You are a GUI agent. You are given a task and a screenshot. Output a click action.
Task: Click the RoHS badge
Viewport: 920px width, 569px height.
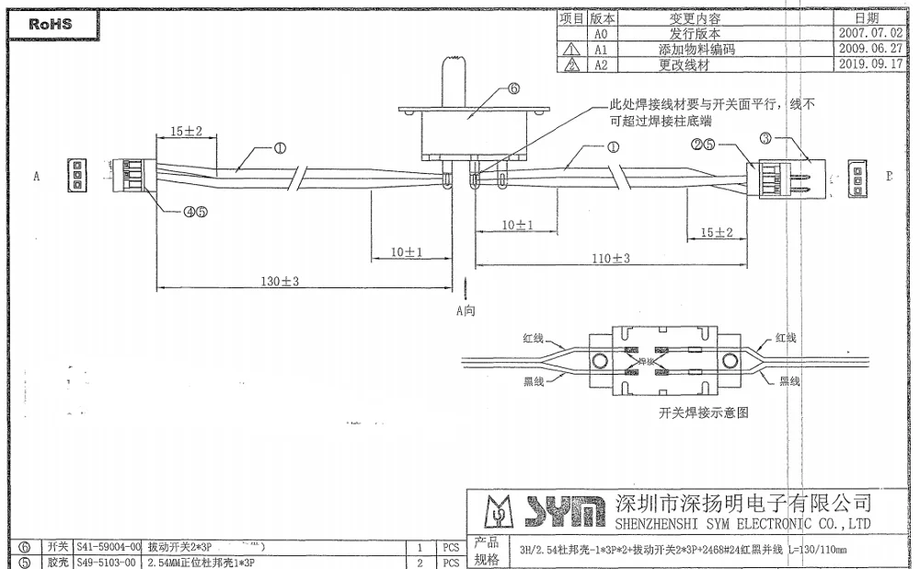51,25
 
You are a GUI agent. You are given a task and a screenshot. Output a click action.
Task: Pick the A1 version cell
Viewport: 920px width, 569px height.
601,49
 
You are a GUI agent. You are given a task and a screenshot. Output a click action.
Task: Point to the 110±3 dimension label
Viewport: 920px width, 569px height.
611,259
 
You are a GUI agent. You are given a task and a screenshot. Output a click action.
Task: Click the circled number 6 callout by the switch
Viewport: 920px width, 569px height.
513,88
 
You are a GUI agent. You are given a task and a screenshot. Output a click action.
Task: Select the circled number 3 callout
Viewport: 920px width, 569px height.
765,139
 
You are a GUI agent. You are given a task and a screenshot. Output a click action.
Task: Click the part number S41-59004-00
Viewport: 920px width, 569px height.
109,546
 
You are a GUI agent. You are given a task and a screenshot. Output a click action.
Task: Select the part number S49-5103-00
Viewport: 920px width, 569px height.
106,562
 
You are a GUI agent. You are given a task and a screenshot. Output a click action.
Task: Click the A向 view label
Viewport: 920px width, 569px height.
466,310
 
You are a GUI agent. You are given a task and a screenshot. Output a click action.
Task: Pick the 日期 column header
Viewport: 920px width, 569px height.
867,17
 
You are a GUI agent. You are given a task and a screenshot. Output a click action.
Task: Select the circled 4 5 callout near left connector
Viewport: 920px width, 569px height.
194,211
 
